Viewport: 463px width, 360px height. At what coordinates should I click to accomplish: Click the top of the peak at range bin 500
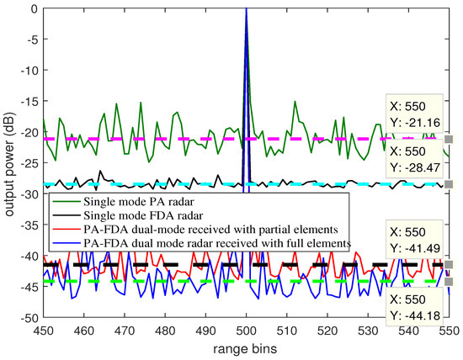(246, 9)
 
